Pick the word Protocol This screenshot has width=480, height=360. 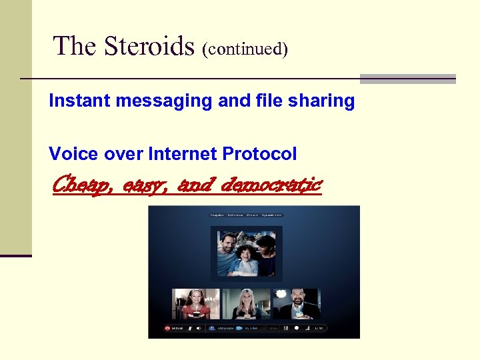[259, 155]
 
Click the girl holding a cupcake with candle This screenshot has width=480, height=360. [196, 304]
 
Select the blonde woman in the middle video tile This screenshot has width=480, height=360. [246, 304]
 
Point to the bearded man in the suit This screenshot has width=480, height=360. [297, 304]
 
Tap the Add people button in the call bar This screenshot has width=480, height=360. [217, 328]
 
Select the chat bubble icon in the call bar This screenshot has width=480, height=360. [297, 328]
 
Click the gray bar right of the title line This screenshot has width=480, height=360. [407, 79]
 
